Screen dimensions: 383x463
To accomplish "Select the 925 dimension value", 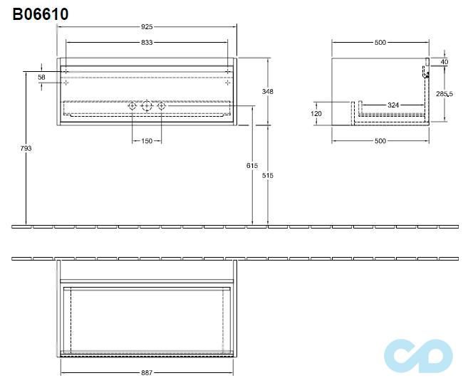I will (147, 27).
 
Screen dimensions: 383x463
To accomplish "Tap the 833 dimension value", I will (147, 43).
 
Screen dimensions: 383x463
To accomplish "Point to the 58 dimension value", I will (41, 77).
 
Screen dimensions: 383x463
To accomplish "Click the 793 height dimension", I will (26, 148).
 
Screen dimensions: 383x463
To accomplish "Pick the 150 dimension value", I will (146, 141).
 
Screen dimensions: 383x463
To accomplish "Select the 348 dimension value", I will (268, 92).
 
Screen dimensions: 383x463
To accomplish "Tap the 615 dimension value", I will (251, 165).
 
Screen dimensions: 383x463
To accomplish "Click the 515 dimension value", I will (268, 175).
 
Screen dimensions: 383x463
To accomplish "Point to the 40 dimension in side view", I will (444, 63).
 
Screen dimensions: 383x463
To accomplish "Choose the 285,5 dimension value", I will (445, 93).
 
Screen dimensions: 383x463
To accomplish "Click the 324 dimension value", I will (392, 105).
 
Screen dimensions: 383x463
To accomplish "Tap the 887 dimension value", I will (147, 372).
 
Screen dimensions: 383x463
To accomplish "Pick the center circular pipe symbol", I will (147, 107).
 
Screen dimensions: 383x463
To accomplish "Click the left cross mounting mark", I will (66, 83).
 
